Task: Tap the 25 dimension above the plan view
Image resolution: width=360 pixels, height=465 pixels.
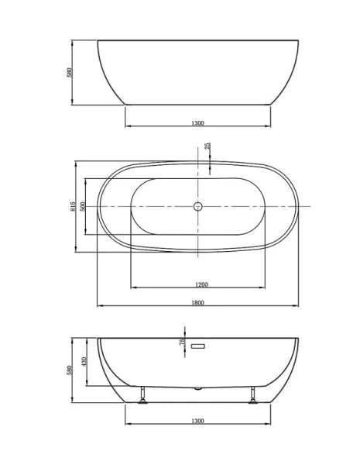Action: coord(207,146)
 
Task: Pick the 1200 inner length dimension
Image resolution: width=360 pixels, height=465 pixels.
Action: coord(197,284)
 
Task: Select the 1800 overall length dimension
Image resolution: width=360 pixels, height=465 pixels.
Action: coord(197,302)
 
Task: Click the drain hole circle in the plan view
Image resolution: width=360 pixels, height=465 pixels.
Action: coord(197,207)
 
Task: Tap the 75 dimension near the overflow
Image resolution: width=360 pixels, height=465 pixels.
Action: coord(183,342)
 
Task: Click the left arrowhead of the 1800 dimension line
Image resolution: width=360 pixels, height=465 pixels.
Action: coord(99,306)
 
